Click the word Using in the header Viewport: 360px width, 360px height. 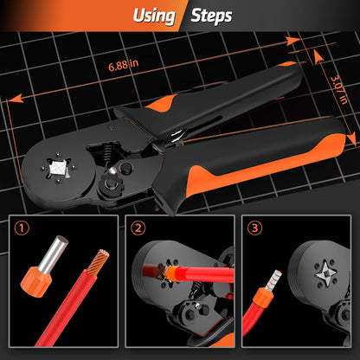tap(154, 16)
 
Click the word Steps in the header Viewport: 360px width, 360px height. tap(211, 16)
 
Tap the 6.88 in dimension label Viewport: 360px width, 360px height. tap(124, 65)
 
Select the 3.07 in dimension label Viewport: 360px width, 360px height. tap(338, 90)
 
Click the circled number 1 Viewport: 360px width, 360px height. tap(22, 228)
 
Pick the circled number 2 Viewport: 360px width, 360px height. tap(138, 228)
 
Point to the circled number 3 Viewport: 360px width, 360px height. tap(254, 228)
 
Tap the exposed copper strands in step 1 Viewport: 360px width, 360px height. tap(99, 262)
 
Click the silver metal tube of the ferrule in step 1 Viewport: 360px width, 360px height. tap(54, 254)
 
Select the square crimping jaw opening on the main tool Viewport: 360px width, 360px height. tap(58, 168)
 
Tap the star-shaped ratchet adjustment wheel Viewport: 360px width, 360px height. tap(110, 183)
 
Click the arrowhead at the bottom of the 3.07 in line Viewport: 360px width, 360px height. tap(351, 140)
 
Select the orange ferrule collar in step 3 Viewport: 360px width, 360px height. tap(261, 297)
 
